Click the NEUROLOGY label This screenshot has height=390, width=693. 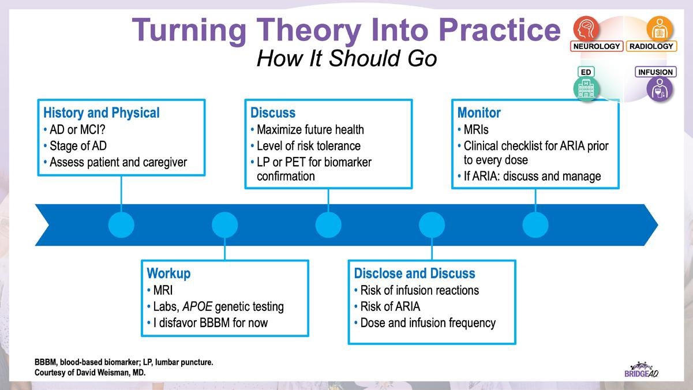[x=597, y=46]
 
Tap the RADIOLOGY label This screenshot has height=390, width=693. [x=651, y=46]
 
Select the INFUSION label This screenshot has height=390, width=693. [x=655, y=72]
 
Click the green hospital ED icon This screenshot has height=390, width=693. [x=586, y=89]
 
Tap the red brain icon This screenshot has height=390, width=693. [x=586, y=28]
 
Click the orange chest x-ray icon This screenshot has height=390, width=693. [x=660, y=28]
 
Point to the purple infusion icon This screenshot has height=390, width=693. [x=660, y=89]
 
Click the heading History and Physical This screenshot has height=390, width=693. [x=102, y=112]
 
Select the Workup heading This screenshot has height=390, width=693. [x=168, y=273]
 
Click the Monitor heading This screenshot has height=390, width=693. [x=479, y=112]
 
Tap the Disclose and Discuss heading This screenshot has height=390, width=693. [x=414, y=273]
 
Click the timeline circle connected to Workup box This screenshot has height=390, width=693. [x=225, y=225]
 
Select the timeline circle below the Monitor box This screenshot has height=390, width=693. [x=535, y=225]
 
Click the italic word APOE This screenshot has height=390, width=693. [x=197, y=307]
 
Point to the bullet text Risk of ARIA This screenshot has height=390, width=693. [x=390, y=307]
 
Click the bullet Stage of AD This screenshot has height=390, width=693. [x=78, y=146]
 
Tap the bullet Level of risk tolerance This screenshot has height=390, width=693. [x=309, y=146]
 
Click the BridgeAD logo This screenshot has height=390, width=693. [x=641, y=370]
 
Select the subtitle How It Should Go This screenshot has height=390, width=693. [x=347, y=58]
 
